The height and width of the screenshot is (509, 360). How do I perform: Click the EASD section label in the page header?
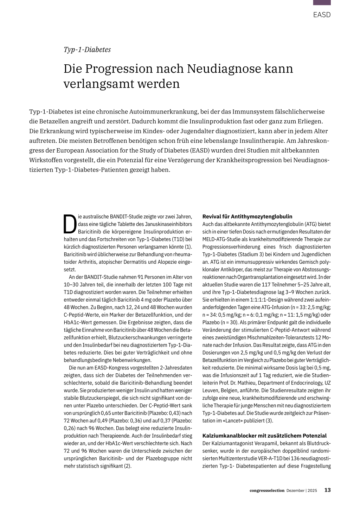(322, 15)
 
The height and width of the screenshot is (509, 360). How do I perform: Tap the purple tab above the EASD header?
(322, 2)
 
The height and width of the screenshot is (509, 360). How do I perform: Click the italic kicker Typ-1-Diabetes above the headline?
(87, 50)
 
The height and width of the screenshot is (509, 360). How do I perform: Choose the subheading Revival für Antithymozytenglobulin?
(247, 217)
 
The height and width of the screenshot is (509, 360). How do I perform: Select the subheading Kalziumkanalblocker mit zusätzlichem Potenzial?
(264, 436)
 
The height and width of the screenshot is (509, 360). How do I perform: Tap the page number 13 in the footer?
(327, 490)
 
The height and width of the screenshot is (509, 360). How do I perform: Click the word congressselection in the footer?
(267, 490)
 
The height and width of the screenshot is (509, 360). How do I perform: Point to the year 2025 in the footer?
(312, 490)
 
